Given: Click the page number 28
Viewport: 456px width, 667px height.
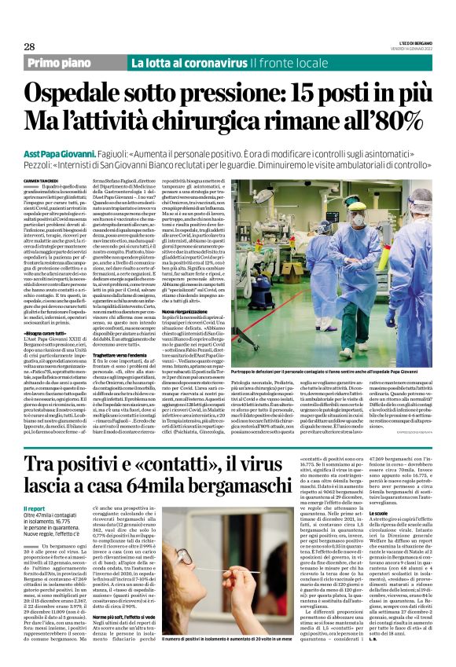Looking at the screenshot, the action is (29, 46).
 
